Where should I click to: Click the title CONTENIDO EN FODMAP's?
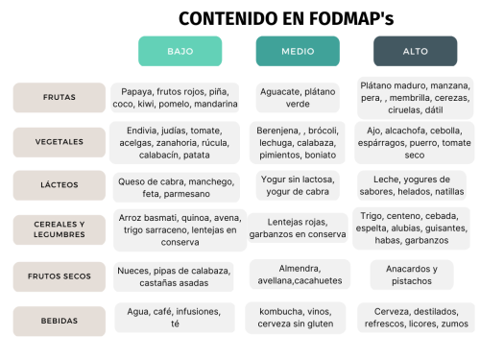[x=286, y=18]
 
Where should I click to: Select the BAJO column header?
[x=180, y=51]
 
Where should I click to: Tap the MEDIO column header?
[x=298, y=51]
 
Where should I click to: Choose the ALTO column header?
[x=416, y=51]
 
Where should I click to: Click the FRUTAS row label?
[x=60, y=97]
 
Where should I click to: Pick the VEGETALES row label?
[x=60, y=140]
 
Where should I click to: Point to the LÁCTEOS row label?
[x=60, y=185]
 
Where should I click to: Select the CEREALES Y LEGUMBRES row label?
[x=60, y=229]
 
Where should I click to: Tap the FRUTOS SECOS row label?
[x=60, y=276]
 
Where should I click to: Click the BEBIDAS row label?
[x=60, y=320]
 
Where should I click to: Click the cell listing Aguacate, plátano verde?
[x=298, y=97]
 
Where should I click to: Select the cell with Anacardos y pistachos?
[x=413, y=276]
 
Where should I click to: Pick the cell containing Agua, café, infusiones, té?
[x=175, y=317]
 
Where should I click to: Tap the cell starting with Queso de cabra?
[x=175, y=186]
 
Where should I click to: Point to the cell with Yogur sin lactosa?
[x=298, y=184]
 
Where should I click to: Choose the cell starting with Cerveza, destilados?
[x=416, y=318]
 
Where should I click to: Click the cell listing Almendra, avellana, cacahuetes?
[x=298, y=276]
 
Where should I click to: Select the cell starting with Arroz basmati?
[x=176, y=230]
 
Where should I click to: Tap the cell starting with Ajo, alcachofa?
[x=414, y=141]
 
